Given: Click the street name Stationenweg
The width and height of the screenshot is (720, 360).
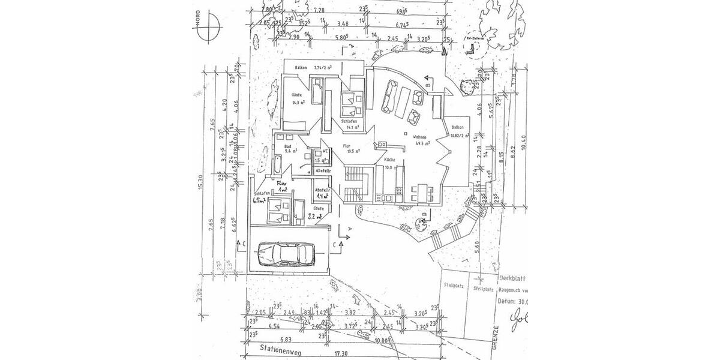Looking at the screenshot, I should [282, 348].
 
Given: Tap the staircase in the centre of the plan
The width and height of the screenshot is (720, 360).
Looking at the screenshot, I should [354, 183].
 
